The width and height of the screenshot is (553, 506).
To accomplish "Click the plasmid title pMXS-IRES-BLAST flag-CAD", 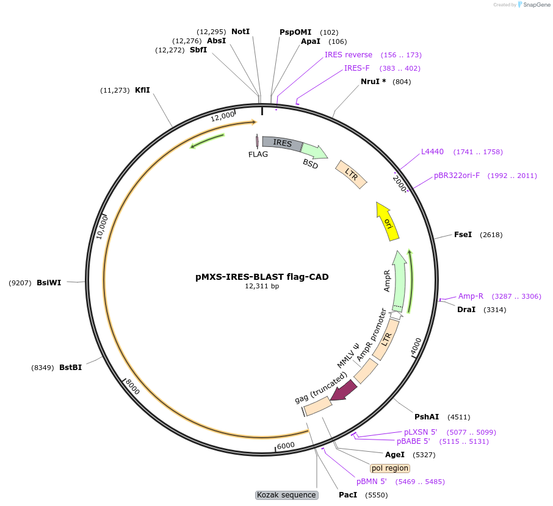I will coord(262,277).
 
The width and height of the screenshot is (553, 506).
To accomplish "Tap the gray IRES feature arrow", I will coord(282,143).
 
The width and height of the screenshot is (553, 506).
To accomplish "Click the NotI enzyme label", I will coord(240,32).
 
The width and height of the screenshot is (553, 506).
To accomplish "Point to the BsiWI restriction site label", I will coord(49,283).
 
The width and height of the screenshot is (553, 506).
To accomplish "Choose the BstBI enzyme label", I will coord(71,368).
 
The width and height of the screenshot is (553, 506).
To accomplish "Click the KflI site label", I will coord(142,90).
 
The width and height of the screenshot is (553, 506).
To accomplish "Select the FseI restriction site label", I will coord(463,235).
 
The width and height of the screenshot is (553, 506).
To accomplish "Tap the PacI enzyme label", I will coord(348,495).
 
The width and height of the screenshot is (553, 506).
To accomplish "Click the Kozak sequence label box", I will coord(287,495).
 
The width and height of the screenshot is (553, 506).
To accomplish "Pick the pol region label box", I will coord(390,468).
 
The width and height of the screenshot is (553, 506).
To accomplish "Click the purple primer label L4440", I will coord(432,152).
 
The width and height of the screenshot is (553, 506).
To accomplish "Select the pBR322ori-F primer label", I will coord(457,176).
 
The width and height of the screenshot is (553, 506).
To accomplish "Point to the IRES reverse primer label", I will coord(349,55).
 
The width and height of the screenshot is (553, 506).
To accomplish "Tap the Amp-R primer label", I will coord(471,296).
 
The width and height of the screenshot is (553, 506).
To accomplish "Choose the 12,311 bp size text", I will coord(262,286).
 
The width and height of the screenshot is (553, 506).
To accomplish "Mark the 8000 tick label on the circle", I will coord(132,387).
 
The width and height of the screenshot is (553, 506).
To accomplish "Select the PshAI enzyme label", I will coord(427,417).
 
